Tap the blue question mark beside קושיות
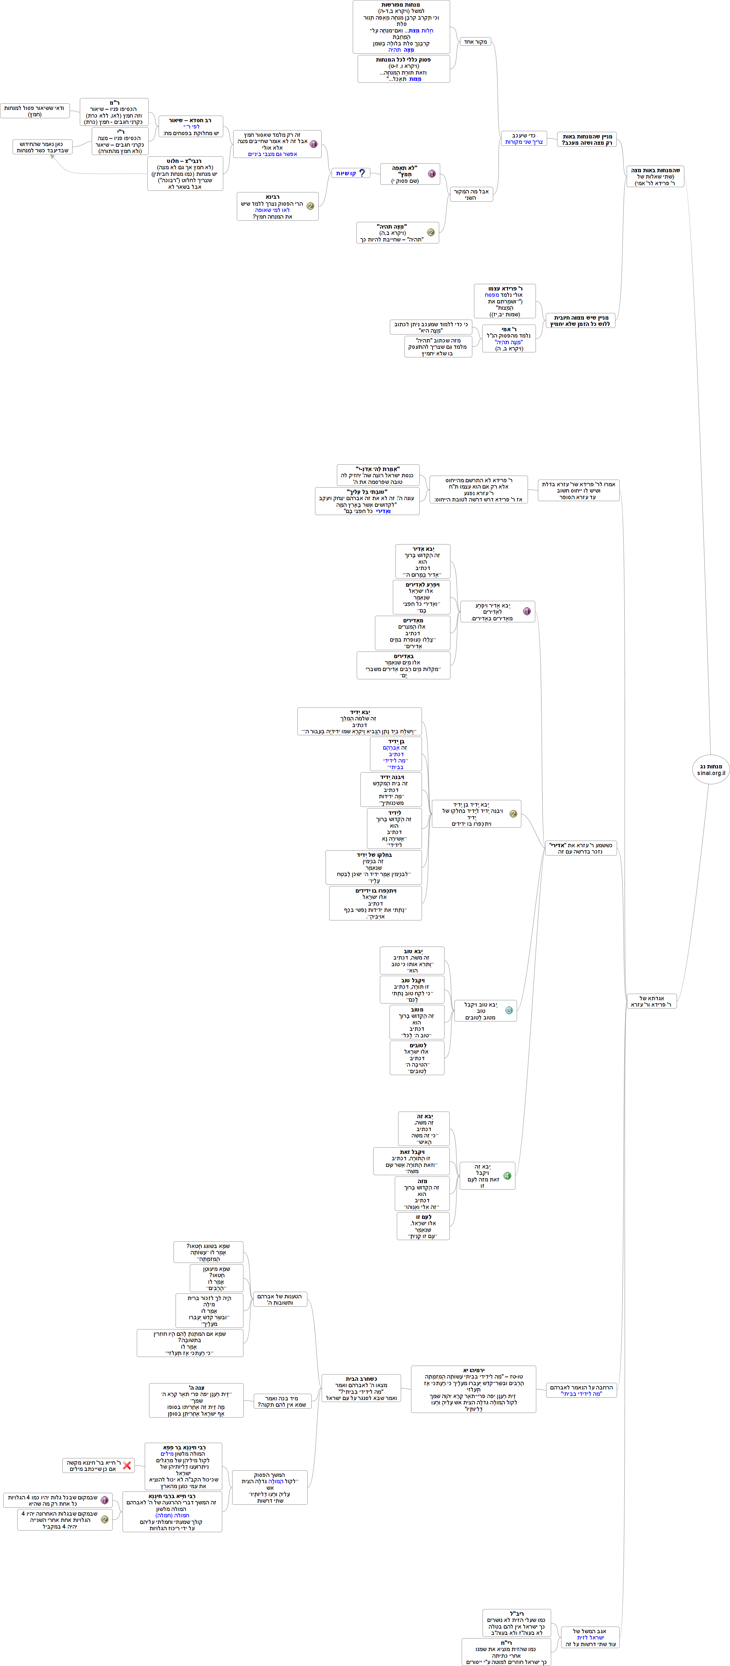pos(362,173)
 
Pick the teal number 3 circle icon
pos(509,1010)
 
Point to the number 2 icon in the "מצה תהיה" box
pos(431,232)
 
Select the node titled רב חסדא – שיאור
pos(191,127)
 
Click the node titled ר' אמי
pos(509,338)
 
